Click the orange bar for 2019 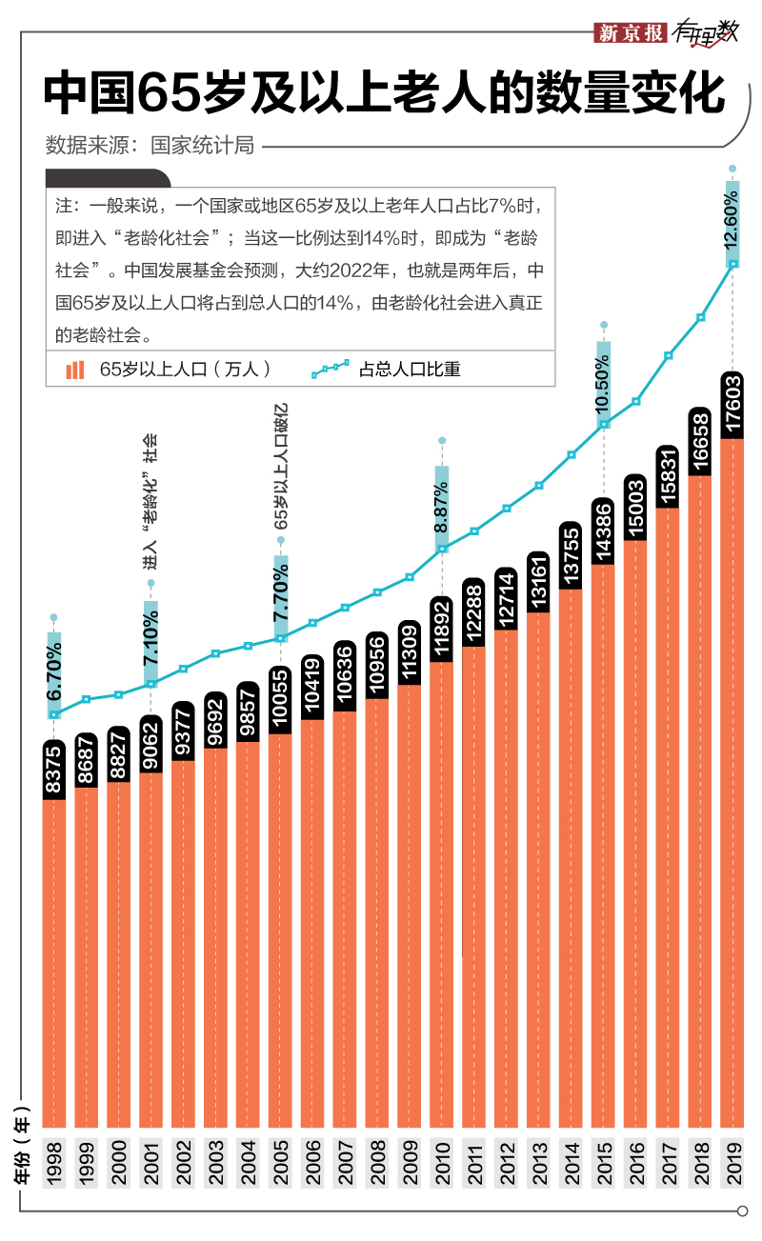[732, 781]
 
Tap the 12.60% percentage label [732, 222]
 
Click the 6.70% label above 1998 [54, 671]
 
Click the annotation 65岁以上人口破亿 [280, 472]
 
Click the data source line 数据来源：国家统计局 [150, 146]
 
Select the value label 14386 [603, 531]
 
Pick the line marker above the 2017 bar [669, 355]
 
